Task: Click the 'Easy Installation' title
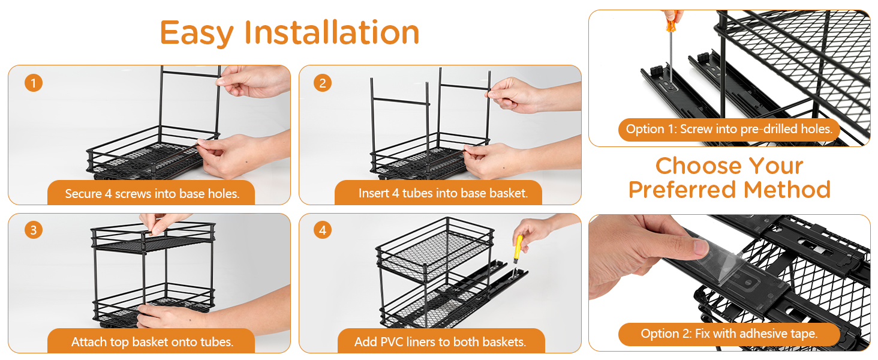tap(290, 33)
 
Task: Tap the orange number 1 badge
tap(34, 83)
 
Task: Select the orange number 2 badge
tap(323, 83)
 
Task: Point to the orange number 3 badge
tap(34, 230)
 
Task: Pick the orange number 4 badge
tap(323, 230)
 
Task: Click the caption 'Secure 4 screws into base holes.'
tap(152, 194)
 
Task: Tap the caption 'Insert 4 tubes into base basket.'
tap(443, 193)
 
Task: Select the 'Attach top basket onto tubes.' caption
tap(152, 342)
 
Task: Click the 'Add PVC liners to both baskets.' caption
tap(440, 342)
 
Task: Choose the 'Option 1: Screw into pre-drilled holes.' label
tap(729, 129)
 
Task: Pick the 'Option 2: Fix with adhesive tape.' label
tap(729, 334)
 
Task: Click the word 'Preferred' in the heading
tap(682, 190)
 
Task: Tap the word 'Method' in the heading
tap(787, 190)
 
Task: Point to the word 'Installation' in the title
tap(332, 32)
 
